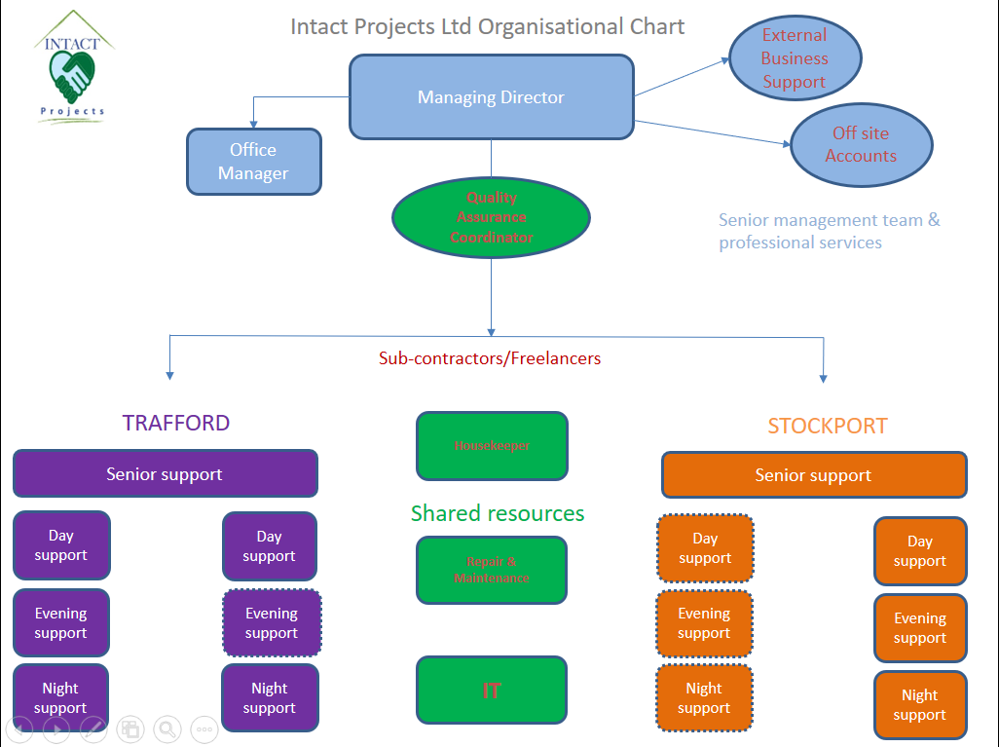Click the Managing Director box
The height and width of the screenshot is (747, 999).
(x=491, y=96)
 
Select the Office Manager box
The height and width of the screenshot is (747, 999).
(x=253, y=162)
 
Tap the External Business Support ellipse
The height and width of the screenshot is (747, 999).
(x=795, y=58)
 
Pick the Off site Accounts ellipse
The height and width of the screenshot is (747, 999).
(x=862, y=145)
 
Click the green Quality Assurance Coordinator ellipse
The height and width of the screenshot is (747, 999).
(x=491, y=217)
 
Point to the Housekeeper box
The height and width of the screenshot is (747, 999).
(x=492, y=445)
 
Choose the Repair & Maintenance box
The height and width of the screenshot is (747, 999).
(x=492, y=570)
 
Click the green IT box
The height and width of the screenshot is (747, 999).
(x=492, y=691)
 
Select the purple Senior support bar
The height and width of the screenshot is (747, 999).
(x=165, y=473)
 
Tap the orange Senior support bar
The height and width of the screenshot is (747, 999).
(x=814, y=475)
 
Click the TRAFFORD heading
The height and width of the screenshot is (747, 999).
(x=176, y=423)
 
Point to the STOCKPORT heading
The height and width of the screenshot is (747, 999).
(x=827, y=426)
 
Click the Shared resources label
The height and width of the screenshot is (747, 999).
(x=498, y=513)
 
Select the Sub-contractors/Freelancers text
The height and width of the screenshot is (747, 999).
(x=490, y=358)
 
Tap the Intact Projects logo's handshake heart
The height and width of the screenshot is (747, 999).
(x=72, y=76)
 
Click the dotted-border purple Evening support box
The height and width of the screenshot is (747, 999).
(x=272, y=622)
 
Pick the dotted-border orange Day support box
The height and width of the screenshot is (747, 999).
(x=705, y=548)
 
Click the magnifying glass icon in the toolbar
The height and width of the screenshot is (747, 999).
(x=167, y=729)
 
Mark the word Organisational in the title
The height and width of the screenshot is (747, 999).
(x=550, y=26)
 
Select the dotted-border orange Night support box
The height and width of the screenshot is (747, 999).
(x=704, y=698)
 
